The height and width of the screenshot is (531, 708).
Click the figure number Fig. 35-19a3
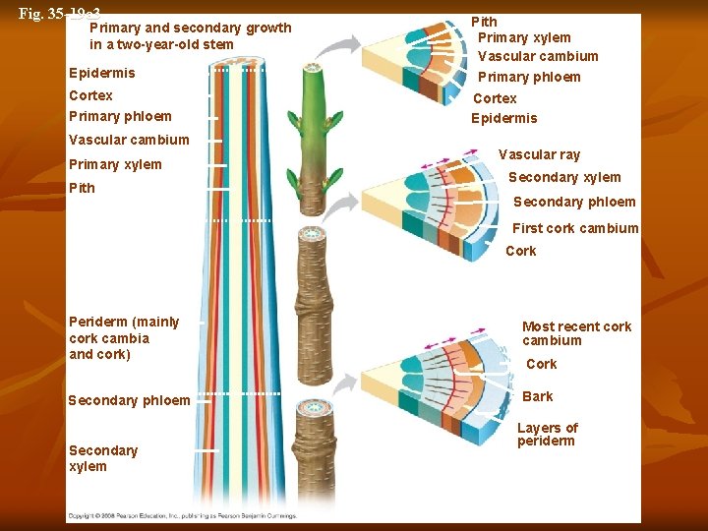pyautogui.click(x=59, y=14)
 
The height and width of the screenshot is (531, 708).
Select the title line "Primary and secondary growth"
pyautogui.click(x=190, y=28)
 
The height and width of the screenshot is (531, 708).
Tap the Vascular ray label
pyautogui.click(x=539, y=154)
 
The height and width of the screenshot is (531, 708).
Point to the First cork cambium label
pyautogui.click(x=575, y=228)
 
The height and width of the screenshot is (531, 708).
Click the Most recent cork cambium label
pyautogui.click(x=576, y=333)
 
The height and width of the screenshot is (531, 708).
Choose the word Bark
pyautogui.click(x=537, y=396)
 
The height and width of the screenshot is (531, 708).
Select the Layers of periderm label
pyautogui.click(x=547, y=434)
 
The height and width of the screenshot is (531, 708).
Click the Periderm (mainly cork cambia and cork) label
pyautogui.click(x=124, y=337)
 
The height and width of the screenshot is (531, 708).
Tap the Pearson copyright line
pyautogui.click(x=181, y=515)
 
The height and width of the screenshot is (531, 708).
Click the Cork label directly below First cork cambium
pyautogui.click(x=520, y=251)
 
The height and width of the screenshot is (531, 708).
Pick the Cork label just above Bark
pyautogui.click(x=541, y=364)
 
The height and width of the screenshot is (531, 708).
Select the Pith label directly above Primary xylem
pyautogui.click(x=484, y=22)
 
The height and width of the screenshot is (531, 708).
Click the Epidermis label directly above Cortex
pyautogui.click(x=102, y=73)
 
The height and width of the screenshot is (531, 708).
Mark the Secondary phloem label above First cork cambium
pyautogui.click(x=574, y=202)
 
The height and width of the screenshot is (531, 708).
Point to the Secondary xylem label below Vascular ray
pyautogui.click(x=563, y=177)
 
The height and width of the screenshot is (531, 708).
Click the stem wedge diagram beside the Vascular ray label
pyautogui.click(x=433, y=206)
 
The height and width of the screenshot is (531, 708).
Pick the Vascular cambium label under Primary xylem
pyautogui.click(x=537, y=56)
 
